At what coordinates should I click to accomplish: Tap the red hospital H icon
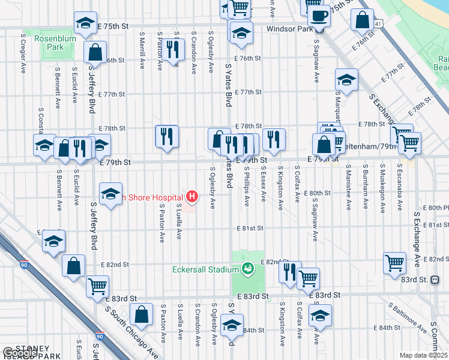pyautogui.click(x=192, y=196)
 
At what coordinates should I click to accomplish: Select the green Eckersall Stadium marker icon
pyautogui.click(x=247, y=269)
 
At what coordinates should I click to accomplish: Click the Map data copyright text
pyautogui.click(x=424, y=355)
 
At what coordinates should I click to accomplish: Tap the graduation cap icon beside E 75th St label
pyautogui.click(x=86, y=23)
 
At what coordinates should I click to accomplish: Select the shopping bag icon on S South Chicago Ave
pyautogui.click(x=141, y=314)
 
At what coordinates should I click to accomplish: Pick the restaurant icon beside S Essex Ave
pyautogui.click(x=274, y=139)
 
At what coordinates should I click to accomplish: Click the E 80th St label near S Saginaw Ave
pyautogui.click(x=318, y=193)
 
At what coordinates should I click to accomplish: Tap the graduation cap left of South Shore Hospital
pyautogui.click(x=111, y=194)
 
